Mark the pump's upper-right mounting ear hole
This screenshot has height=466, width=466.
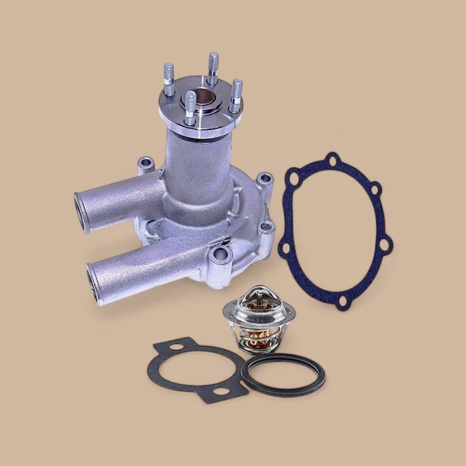click(x=266, y=178)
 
